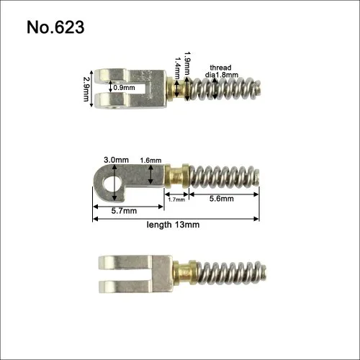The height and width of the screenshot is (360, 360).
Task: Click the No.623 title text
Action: (x=55, y=27)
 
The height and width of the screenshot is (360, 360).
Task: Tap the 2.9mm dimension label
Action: (x=86, y=89)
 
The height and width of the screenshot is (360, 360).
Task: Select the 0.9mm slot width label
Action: (x=124, y=88)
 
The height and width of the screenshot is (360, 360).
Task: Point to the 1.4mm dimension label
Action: (x=178, y=68)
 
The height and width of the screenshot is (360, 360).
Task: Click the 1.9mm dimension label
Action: (x=188, y=63)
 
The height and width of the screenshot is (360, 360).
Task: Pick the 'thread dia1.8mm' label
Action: (x=221, y=71)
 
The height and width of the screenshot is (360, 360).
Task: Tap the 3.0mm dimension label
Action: (x=116, y=160)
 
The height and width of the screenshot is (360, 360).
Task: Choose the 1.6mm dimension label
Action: (x=150, y=161)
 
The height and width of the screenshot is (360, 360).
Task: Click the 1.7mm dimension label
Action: (x=176, y=199)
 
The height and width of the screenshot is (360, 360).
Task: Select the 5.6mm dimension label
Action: (x=221, y=199)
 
